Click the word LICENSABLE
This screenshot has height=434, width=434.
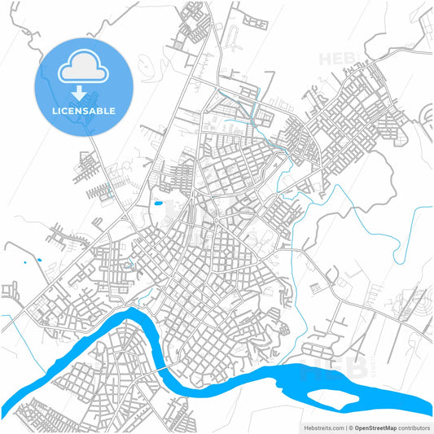click(84, 110)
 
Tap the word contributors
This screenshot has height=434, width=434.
click(414, 427)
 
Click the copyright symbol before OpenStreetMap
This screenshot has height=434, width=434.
click(350, 427)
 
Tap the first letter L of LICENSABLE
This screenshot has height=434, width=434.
click(55, 110)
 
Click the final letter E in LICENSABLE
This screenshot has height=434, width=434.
click(112, 110)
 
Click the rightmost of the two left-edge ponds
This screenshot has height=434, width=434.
click(37, 261)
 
